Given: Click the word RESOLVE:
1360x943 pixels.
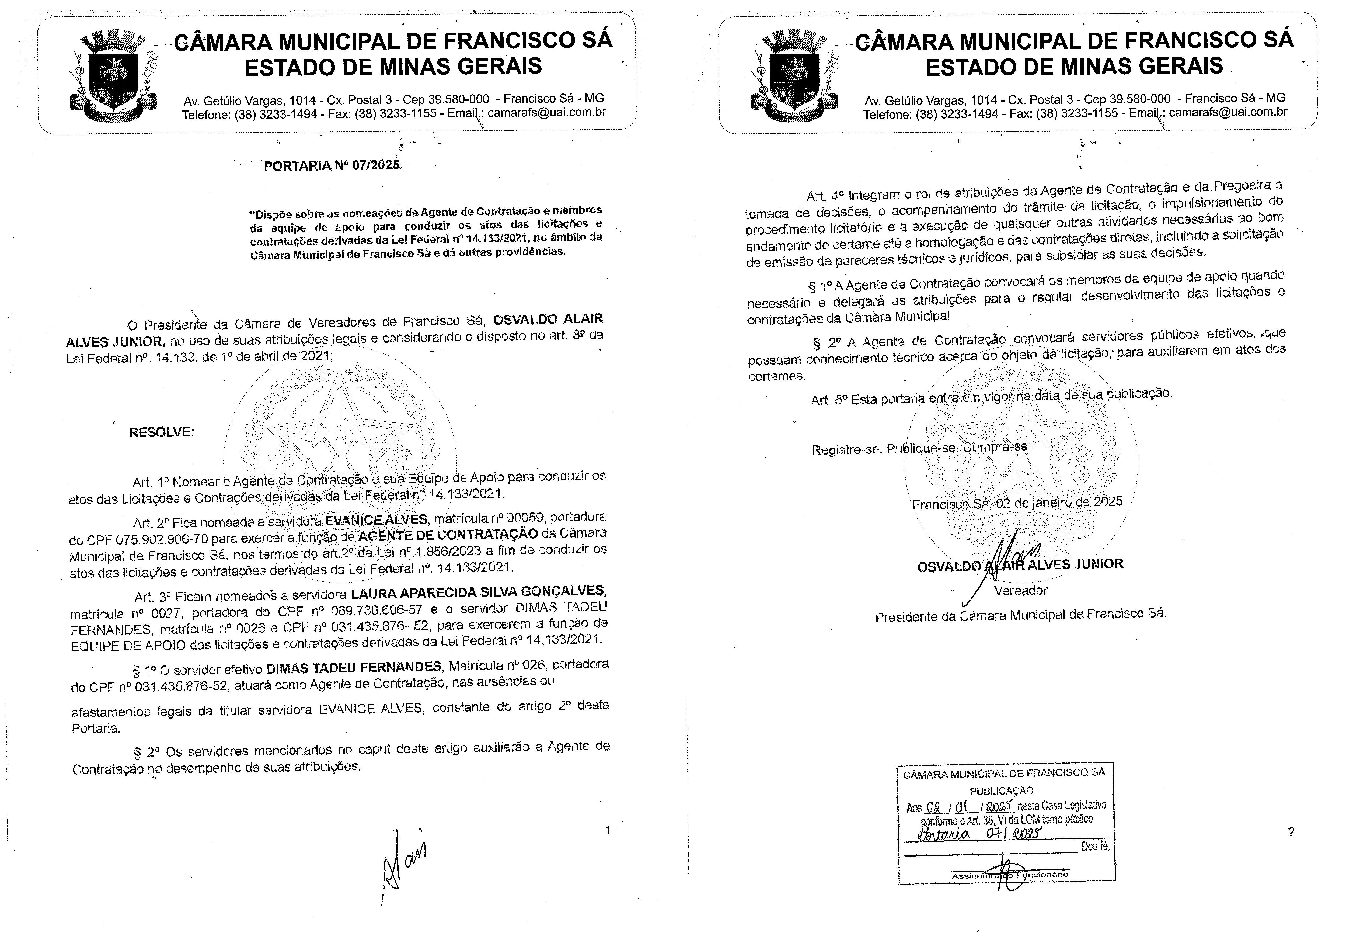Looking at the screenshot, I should [x=161, y=432].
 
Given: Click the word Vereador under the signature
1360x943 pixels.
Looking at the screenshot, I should [x=1020, y=590].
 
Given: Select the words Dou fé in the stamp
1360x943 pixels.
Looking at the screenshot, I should [x=1096, y=846].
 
